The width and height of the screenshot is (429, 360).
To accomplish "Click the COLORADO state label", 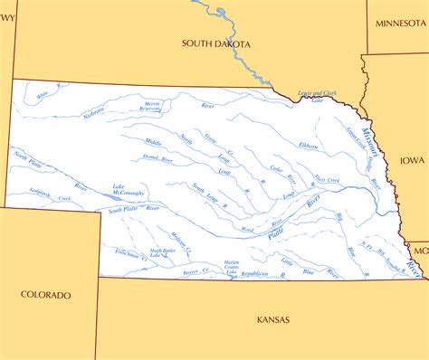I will coord(46,294).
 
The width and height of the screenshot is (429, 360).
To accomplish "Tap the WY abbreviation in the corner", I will coord(9,5).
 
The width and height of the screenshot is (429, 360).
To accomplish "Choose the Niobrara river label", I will coord(94,112).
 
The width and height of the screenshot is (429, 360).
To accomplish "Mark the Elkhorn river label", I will coord(309,145).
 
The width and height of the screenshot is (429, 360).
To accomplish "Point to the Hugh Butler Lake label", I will coord(163,252).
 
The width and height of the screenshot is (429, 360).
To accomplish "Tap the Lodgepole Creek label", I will coord(47,194).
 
